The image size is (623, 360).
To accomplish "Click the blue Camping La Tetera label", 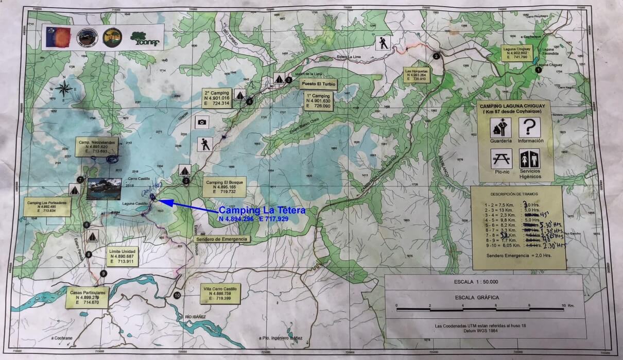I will (x=262, y=210).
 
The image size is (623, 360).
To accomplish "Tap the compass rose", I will (x=64, y=89).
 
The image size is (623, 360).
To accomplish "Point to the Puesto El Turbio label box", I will (x=318, y=83).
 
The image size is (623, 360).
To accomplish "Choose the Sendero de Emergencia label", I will (x=221, y=239).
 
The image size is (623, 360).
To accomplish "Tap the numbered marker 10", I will (x=177, y=296).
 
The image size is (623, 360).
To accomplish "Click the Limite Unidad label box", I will (x=122, y=256).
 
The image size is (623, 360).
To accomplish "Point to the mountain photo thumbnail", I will (x=104, y=189).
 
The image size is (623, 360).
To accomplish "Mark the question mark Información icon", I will (x=529, y=127).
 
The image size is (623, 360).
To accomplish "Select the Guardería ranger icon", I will (x=501, y=127).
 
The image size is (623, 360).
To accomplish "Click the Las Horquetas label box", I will (x=416, y=75).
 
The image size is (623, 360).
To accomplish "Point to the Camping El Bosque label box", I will (x=224, y=187).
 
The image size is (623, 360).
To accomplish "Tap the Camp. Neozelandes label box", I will (x=97, y=146).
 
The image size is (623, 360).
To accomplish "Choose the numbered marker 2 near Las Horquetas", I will (x=436, y=57).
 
